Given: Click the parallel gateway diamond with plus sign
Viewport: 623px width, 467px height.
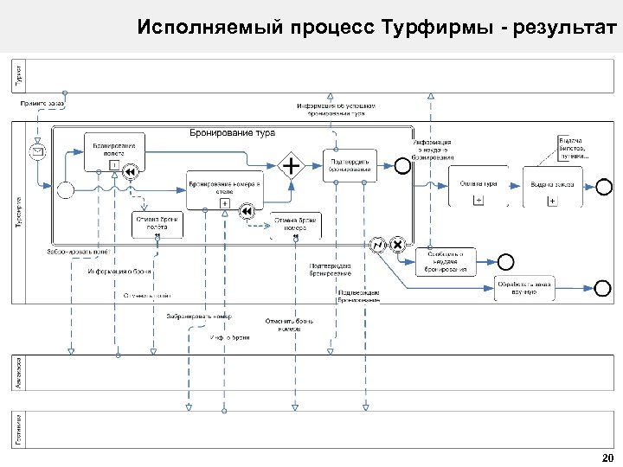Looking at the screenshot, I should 292,164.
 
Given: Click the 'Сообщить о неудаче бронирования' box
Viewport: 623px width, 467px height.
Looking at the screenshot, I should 446,261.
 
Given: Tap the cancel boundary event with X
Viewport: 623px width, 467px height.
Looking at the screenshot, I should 397,245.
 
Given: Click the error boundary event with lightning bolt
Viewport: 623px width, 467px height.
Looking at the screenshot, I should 377,245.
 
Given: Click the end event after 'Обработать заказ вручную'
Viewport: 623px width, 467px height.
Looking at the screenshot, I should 601,288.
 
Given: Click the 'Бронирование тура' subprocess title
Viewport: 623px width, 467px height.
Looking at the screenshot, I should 232,133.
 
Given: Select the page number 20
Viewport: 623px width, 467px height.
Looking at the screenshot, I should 607,457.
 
